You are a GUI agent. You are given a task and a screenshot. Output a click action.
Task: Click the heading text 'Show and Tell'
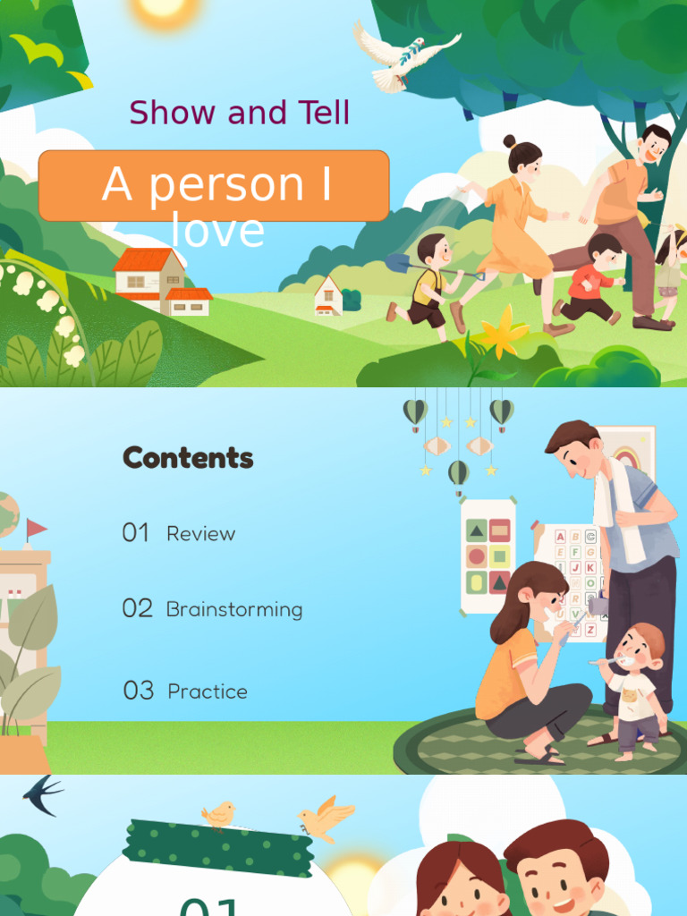pyautogui.click(x=239, y=114)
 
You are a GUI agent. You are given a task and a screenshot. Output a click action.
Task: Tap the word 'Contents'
pyautogui.click(x=188, y=458)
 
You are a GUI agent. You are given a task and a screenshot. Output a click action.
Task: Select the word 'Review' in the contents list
pyautogui.click(x=200, y=534)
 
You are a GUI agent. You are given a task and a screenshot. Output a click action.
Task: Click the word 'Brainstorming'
pyautogui.click(x=234, y=610)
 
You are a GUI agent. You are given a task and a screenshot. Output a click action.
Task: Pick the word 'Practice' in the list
pyautogui.click(x=208, y=691)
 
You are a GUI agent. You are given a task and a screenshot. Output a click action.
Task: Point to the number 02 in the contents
pyautogui.click(x=138, y=609)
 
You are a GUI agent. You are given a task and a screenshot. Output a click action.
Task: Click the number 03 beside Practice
pyautogui.click(x=139, y=691)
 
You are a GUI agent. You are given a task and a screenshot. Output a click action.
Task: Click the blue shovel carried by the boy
pyautogui.click(x=399, y=263)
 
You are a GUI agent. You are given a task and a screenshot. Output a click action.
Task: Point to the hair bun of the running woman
pyautogui.click(x=509, y=141)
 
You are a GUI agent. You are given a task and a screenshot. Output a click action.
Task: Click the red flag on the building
pyautogui.click(x=37, y=529)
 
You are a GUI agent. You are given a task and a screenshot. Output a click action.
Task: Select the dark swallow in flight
pyautogui.click(x=42, y=795)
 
